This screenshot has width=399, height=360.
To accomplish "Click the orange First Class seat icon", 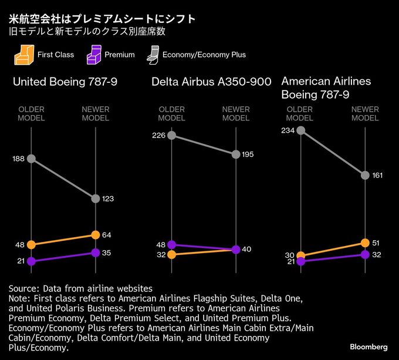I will pos(22,55).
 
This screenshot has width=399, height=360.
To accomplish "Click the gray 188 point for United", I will pos(31,159).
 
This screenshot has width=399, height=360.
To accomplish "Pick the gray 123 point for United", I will pos(96,198).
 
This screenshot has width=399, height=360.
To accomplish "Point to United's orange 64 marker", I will pos(96,235).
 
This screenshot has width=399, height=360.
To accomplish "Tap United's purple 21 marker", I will pos(31,261).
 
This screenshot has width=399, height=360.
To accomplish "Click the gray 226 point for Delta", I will pos(171,135).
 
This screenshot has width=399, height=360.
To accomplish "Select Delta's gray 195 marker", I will pos(236,154).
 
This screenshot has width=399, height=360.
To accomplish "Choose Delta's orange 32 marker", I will pos(171,254).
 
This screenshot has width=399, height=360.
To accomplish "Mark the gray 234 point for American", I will pos(300,130).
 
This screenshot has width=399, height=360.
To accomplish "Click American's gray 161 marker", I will pos(365,175).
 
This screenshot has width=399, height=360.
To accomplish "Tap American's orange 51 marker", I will pos(365,243).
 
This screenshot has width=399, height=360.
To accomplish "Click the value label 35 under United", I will pos(107,253).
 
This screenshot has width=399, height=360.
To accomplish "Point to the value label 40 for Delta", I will pos(246,249).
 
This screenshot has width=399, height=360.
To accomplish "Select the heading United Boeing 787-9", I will pos(65,82).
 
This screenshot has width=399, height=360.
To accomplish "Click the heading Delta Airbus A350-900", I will pos(211,82).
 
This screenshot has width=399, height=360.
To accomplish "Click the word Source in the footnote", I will pos(22,289).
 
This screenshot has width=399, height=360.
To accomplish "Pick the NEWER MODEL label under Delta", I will pos(236,113).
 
